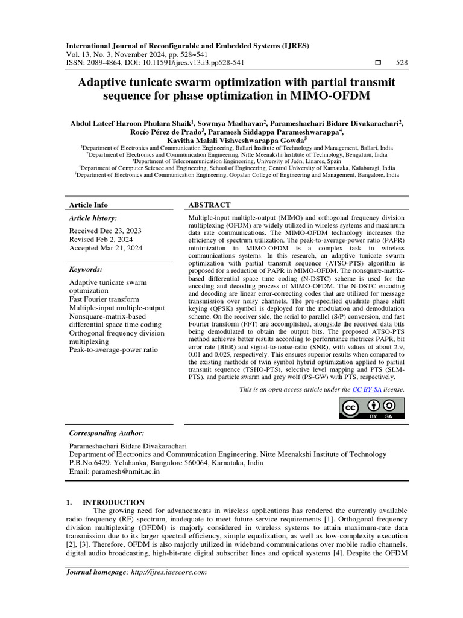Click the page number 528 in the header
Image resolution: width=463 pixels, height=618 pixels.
click(400, 62)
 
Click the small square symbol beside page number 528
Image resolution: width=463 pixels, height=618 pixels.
click(379, 62)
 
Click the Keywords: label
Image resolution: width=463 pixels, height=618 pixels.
click(86, 269)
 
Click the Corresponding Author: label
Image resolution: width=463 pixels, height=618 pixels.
click(107, 433)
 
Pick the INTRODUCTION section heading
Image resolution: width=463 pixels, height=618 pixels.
click(113, 502)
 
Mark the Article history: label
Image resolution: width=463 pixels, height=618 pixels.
click(93, 218)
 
